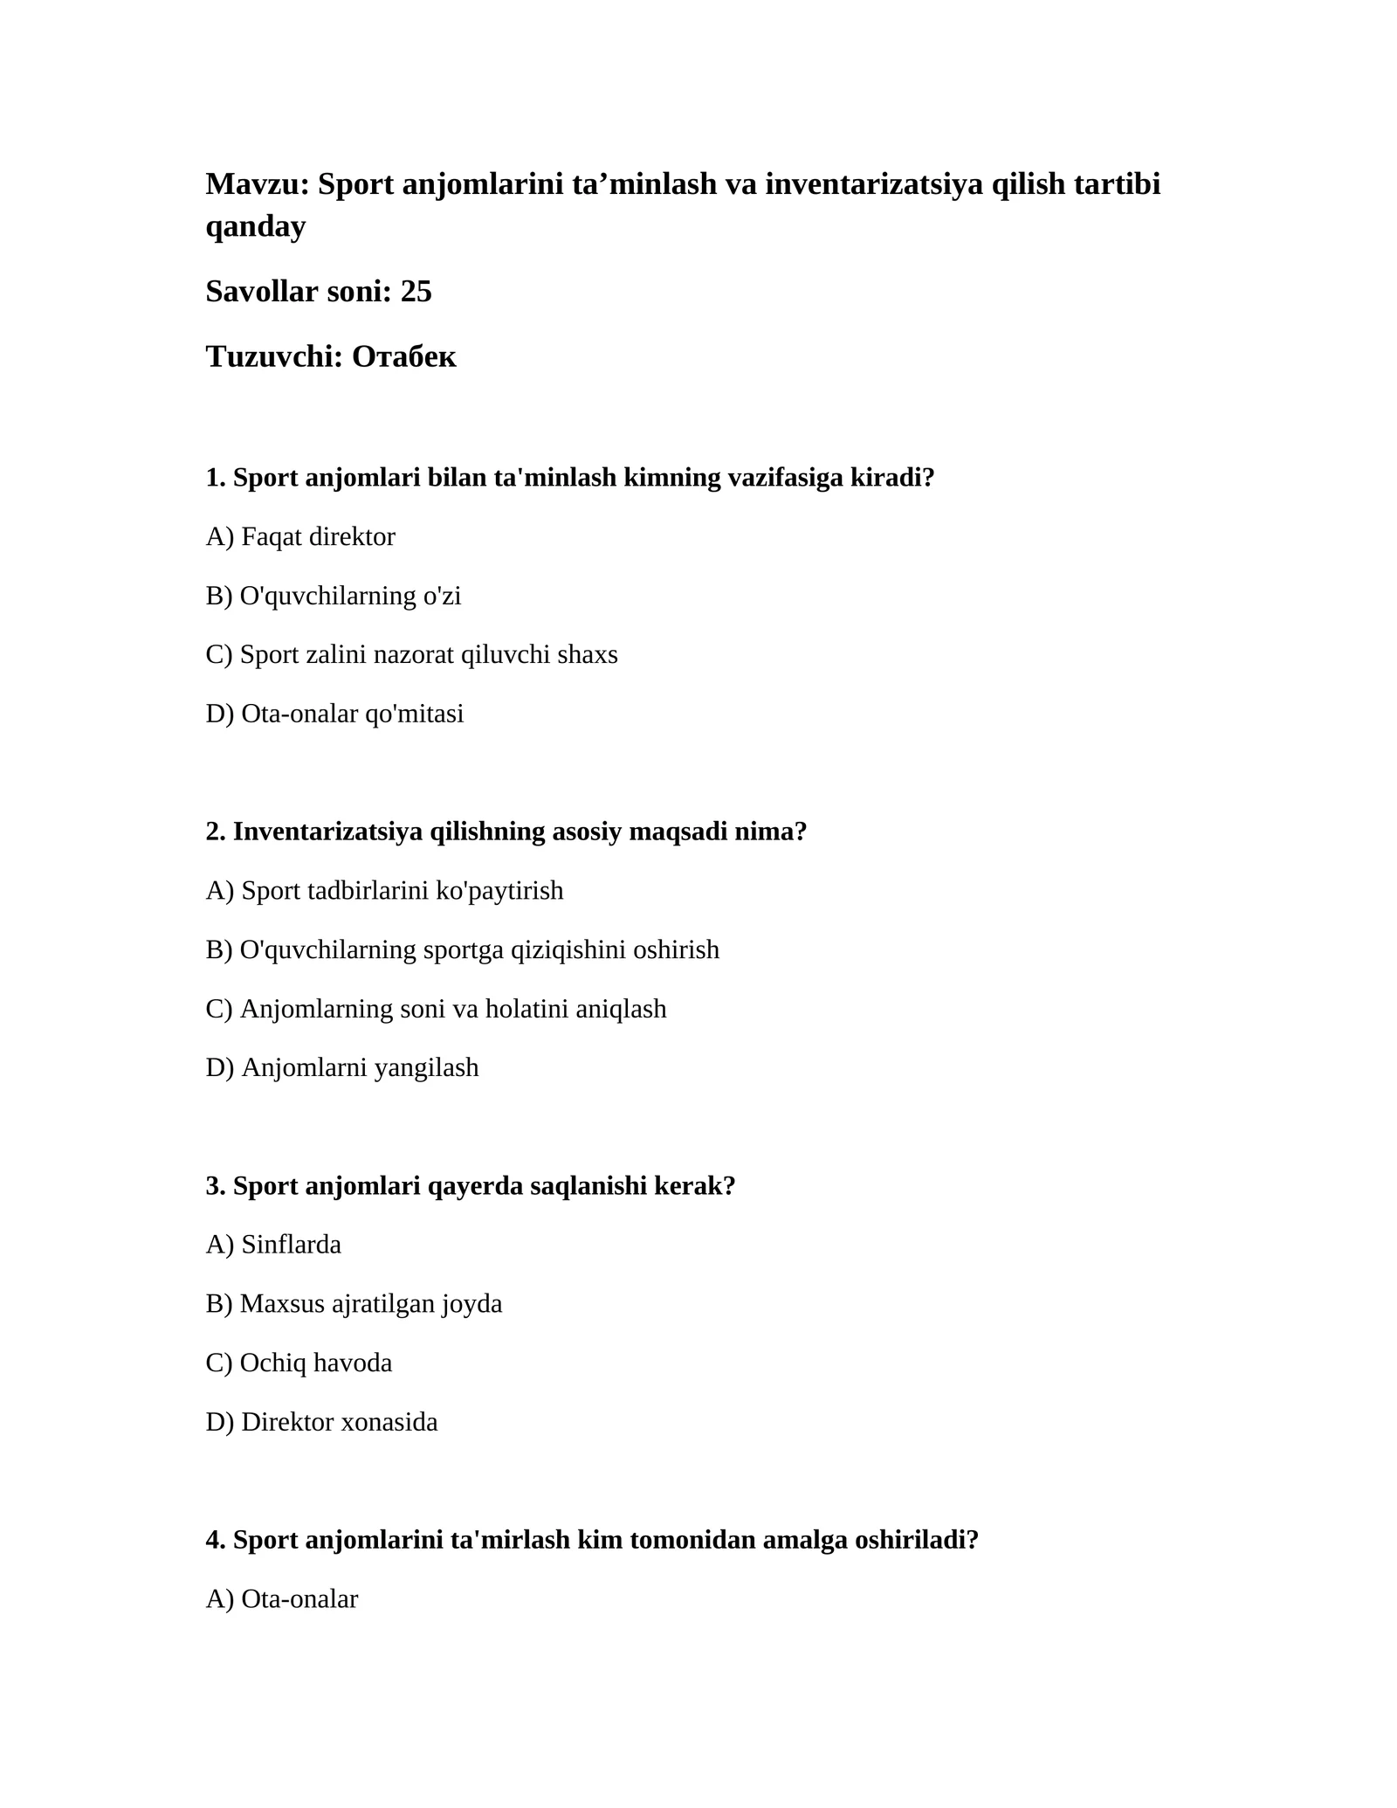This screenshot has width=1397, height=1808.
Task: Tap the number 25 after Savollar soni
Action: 416,292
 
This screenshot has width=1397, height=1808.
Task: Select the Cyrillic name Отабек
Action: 403,356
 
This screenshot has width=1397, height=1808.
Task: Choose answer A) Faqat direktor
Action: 300,537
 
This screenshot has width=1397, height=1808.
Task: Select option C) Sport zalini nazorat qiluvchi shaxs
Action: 411,654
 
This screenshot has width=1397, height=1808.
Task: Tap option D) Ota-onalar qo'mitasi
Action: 334,714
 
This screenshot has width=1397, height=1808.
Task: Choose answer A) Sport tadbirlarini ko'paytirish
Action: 384,891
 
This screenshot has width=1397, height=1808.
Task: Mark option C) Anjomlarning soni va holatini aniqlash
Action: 436,1009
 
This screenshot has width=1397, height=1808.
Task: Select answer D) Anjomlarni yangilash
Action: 342,1067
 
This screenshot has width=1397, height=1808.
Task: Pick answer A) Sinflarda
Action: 273,1245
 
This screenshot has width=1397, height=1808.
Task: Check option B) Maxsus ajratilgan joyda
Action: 354,1304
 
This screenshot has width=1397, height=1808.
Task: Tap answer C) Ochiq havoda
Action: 299,1363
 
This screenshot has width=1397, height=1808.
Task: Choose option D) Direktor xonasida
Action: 321,1422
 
